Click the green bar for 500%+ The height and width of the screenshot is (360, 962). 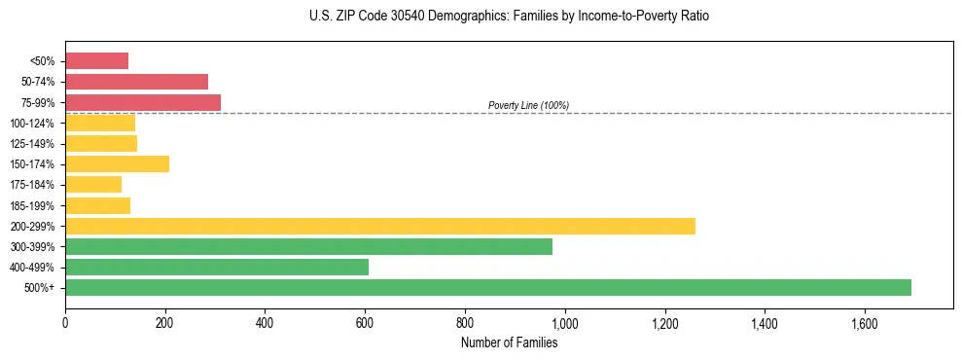point(487,287)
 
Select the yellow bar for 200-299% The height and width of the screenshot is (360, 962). point(379,226)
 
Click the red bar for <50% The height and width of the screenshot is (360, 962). point(96,61)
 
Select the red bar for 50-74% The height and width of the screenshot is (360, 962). point(136,82)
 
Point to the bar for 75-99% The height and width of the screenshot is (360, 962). point(142,102)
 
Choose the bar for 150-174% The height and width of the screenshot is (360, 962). point(117,163)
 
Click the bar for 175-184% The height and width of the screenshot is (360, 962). point(92,185)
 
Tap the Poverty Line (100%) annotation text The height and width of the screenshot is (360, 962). point(528,105)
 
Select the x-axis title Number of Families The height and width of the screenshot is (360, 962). point(509,342)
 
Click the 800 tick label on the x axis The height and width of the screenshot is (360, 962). point(464,322)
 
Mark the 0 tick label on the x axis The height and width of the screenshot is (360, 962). point(65,322)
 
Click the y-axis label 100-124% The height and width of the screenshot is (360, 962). point(32,124)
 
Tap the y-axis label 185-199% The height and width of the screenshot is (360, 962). point(32,205)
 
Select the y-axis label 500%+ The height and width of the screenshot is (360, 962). point(39,288)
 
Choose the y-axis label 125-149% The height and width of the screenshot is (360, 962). point(32,144)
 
